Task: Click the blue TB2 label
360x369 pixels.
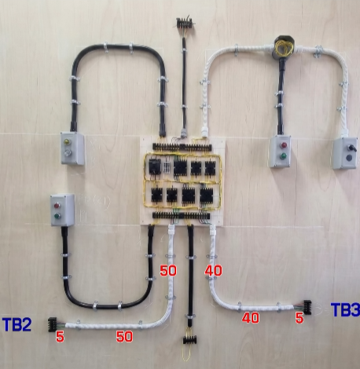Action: pyautogui.click(x=17, y=325)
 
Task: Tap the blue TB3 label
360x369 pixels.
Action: pyautogui.click(x=345, y=309)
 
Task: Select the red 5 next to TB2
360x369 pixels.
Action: pyautogui.click(x=60, y=337)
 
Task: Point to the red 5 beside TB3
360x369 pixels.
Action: pyautogui.click(x=299, y=318)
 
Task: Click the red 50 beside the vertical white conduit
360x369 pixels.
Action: pyautogui.click(x=168, y=271)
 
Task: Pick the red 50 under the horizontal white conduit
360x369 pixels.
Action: pyautogui.click(x=124, y=337)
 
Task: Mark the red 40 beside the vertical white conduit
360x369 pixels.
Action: pyautogui.click(x=213, y=271)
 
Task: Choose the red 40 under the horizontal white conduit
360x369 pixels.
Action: pyautogui.click(x=251, y=318)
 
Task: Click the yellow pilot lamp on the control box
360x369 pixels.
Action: pyautogui.click(x=67, y=142)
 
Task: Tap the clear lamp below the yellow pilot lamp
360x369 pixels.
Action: pyautogui.click(x=68, y=152)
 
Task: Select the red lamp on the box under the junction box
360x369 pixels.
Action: pyautogui.click(x=284, y=145)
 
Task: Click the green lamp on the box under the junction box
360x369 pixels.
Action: pyautogui.click(x=283, y=156)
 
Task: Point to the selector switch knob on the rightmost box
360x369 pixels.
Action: pyautogui.click(x=351, y=148)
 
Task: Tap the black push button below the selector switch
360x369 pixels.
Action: pyautogui.click(x=349, y=158)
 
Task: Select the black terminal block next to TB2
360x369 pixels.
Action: pyautogui.click(x=53, y=324)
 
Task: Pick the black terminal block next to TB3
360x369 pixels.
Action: pyautogui.click(x=307, y=308)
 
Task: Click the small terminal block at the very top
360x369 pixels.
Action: pyautogui.click(x=185, y=23)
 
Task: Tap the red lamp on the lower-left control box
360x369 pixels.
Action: pyautogui.click(x=57, y=206)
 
